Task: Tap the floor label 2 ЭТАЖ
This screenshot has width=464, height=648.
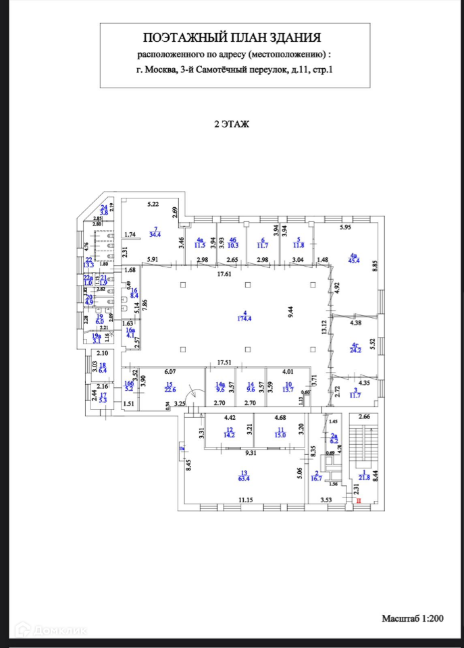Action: click(232, 124)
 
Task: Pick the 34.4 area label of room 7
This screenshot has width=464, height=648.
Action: click(157, 234)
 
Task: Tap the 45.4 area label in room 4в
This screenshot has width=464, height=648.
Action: click(353, 259)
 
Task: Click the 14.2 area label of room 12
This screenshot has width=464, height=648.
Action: click(230, 435)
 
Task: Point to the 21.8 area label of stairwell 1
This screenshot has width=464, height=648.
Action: click(365, 478)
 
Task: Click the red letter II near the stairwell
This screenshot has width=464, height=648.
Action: click(359, 501)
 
